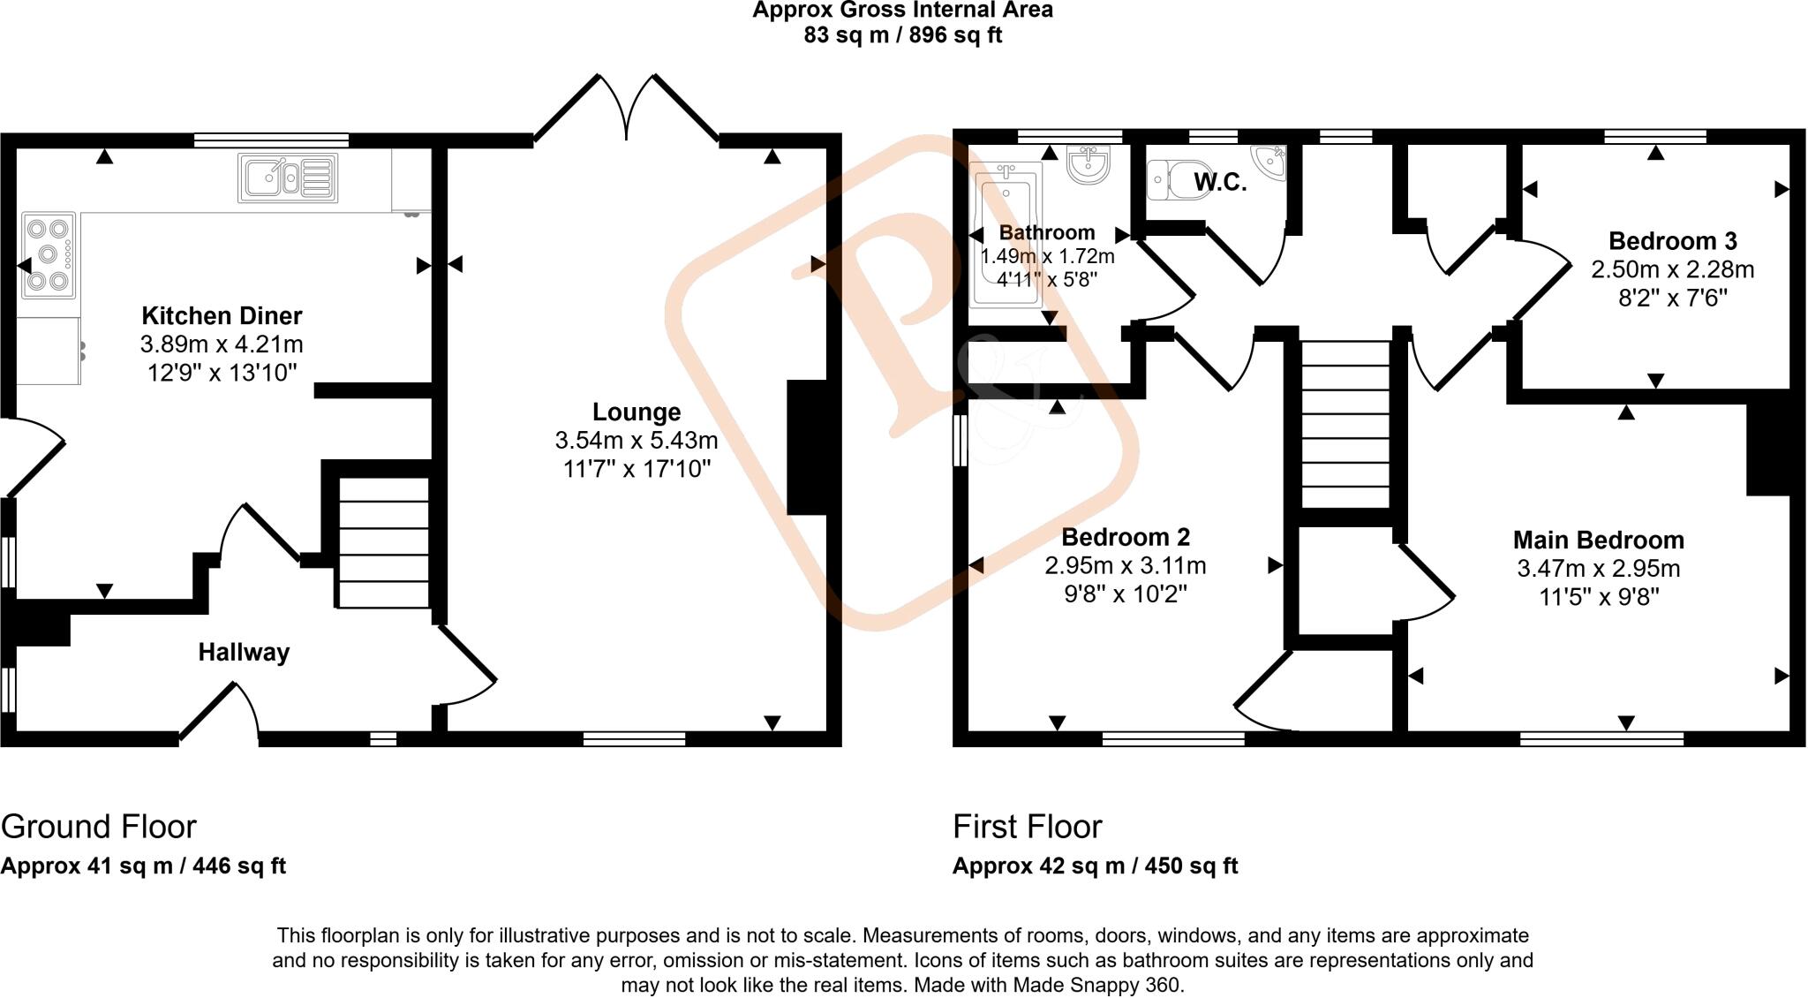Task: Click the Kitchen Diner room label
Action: coord(222,315)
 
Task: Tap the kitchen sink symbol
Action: coord(288,178)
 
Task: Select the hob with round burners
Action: coord(49,255)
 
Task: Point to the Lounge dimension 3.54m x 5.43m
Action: coord(636,440)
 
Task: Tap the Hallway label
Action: coord(244,653)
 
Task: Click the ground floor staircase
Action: coord(382,542)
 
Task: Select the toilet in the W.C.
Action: coord(1174,180)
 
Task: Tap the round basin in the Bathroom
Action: coord(1088,164)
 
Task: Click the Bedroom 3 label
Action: coord(1672,240)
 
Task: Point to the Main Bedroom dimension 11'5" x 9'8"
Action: coord(1599,597)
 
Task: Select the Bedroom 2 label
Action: coord(1125,537)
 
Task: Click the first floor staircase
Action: coord(1346,424)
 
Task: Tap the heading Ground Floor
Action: coord(98,827)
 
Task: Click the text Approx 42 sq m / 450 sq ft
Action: coord(1095,866)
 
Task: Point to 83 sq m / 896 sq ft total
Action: coord(902,35)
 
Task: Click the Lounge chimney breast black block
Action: coord(805,447)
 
